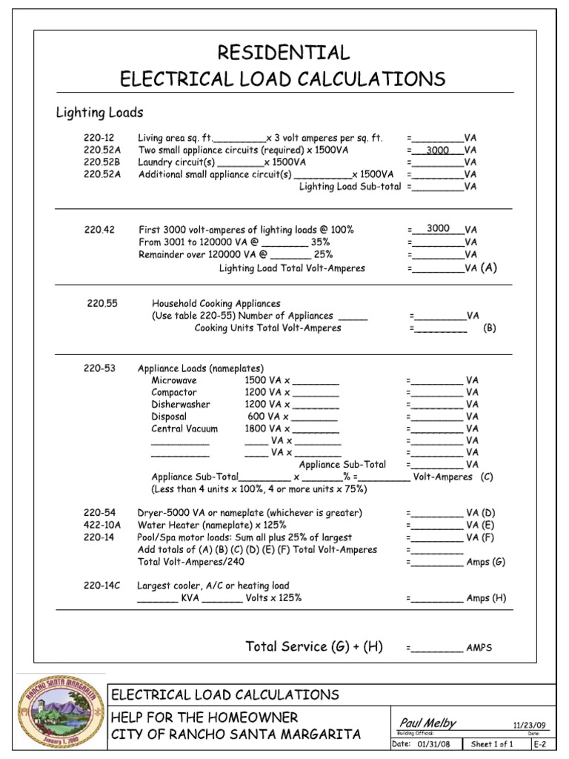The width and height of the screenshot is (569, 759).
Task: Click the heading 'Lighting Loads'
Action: click(x=100, y=113)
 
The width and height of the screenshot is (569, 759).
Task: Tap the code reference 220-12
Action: click(x=98, y=138)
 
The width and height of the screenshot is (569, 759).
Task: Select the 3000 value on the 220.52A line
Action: click(x=438, y=150)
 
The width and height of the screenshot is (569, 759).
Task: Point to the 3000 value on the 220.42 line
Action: click(x=438, y=229)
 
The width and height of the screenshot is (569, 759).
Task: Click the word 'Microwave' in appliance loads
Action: click(x=174, y=380)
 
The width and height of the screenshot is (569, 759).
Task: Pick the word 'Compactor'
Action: click(x=174, y=392)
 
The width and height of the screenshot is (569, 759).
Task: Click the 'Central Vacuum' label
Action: click(x=184, y=428)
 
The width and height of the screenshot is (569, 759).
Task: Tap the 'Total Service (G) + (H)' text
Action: click(x=314, y=646)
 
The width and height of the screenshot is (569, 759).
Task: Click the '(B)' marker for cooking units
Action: click(x=489, y=328)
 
